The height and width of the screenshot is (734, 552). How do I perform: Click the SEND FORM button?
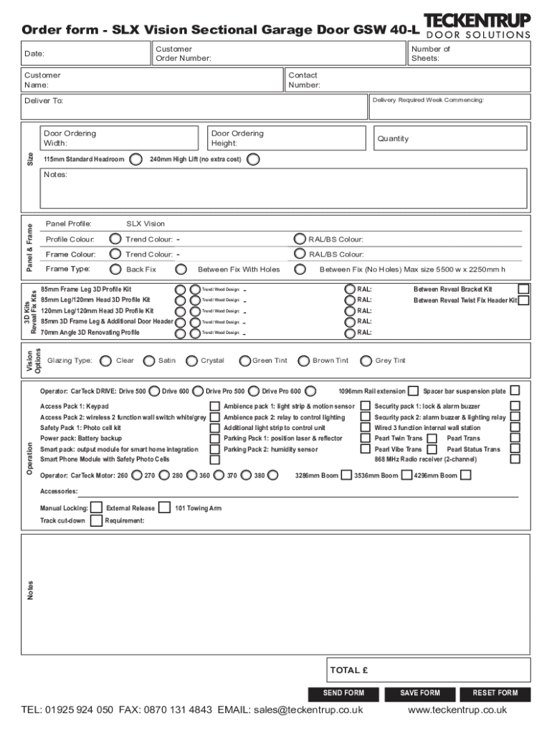point(343,693)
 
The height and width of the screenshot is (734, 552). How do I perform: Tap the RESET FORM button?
point(495,693)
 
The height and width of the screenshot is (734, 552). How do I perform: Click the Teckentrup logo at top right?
point(477,25)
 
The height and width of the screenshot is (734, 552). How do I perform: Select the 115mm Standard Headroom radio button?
point(135,159)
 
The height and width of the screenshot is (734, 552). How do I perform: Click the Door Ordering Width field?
point(118,138)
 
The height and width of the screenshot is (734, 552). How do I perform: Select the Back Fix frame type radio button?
point(115,270)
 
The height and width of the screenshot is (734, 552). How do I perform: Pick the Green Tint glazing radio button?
point(245,361)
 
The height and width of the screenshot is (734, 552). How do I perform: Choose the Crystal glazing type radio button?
point(191,361)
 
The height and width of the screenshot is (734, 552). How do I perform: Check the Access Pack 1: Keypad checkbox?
point(214,406)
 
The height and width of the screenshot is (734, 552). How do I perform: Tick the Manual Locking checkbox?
point(96,508)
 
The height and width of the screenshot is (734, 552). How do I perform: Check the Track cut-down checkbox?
point(96,520)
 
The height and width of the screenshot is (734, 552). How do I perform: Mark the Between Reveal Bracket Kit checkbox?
point(524,289)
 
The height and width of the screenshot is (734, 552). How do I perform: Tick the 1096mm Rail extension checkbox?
point(413,391)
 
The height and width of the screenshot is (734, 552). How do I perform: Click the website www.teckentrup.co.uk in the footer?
point(457,710)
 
